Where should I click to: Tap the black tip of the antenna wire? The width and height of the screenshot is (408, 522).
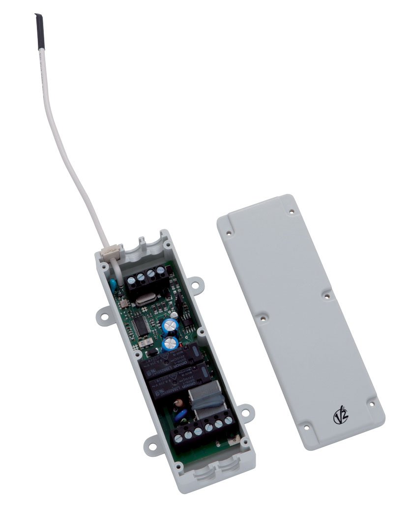36,25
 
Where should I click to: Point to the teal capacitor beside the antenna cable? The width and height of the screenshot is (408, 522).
114,283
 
